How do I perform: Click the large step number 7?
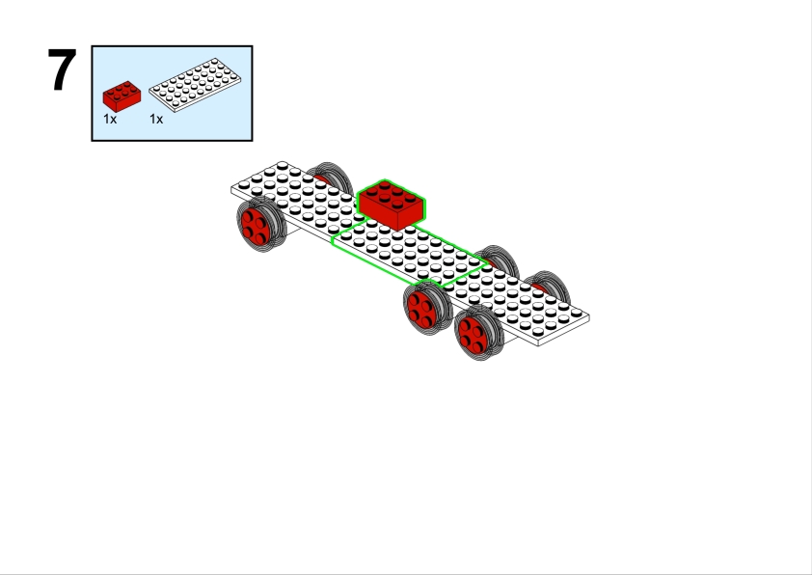pyautogui.click(x=63, y=70)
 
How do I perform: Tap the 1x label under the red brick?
pyautogui.click(x=110, y=119)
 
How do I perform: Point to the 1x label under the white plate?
pyautogui.click(x=156, y=119)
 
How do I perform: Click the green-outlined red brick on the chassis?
pyautogui.click(x=391, y=204)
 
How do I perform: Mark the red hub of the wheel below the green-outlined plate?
pyautogui.click(x=421, y=308)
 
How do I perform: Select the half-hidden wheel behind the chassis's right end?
pyautogui.click(x=550, y=284)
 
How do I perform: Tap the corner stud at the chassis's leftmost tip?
pyautogui.click(x=242, y=182)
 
